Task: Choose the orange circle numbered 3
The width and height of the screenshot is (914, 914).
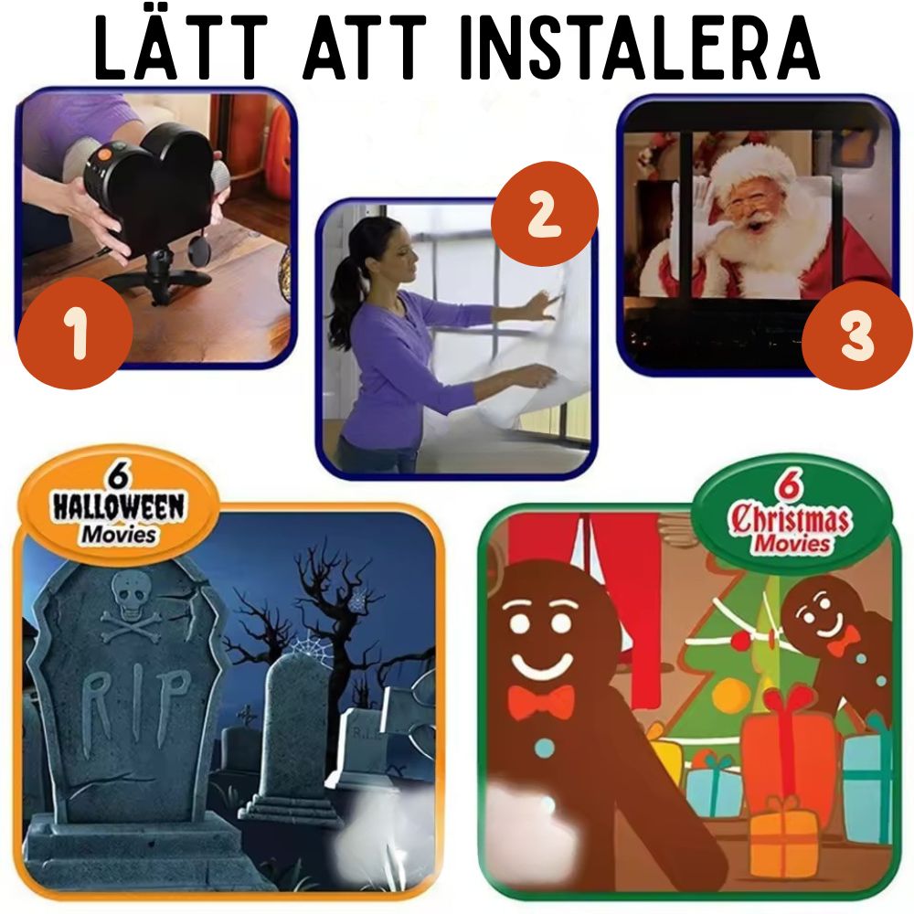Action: (x=856, y=335)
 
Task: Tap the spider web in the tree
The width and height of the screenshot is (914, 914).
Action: (x=309, y=650)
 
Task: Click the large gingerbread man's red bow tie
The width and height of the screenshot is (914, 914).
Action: (x=541, y=703)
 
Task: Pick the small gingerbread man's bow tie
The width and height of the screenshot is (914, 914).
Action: (x=842, y=641)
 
